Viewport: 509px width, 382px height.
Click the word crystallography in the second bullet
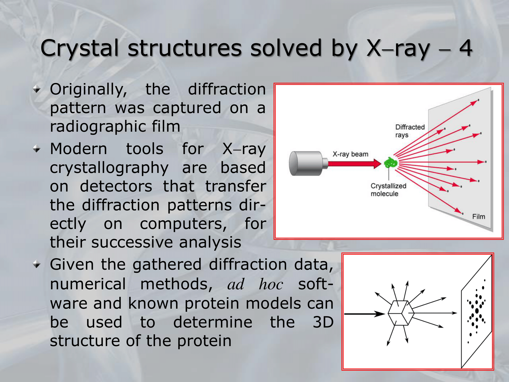109,168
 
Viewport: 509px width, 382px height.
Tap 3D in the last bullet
323,322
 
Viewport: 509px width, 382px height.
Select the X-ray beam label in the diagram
350,154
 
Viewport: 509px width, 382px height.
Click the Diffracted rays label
410,131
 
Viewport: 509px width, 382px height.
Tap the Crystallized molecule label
388,190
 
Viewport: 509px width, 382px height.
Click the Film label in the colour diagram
479,216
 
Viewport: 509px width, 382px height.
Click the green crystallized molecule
391,162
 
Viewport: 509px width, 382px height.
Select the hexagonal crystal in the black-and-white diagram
401,313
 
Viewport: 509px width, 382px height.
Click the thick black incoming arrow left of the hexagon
364,314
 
